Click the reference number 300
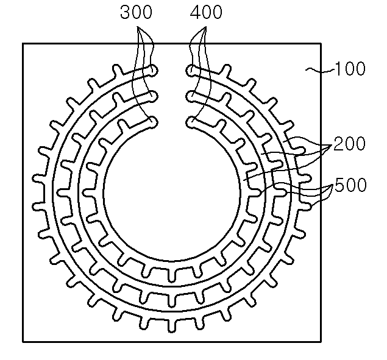click(137, 12)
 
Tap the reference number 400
click(206, 12)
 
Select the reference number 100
click(350, 69)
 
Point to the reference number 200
click(349, 144)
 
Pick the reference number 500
click(350, 185)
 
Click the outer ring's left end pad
click(153, 71)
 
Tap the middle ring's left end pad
click(153, 96)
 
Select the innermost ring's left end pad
click(153, 122)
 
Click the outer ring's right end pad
click(191, 71)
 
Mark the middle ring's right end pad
click(191, 96)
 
